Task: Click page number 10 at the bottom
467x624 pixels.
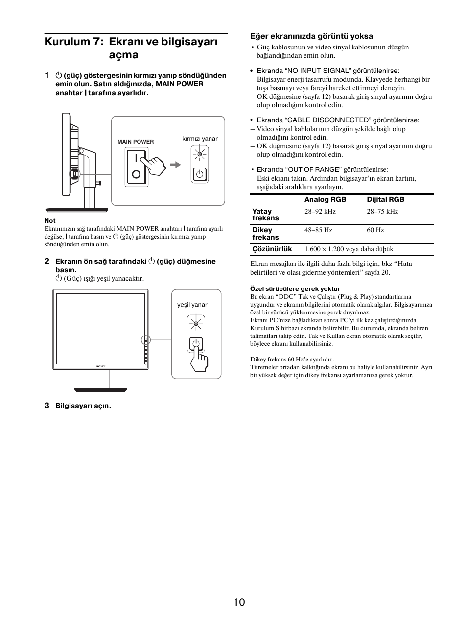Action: (x=238, y=602)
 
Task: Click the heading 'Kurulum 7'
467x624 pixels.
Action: (x=73, y=42)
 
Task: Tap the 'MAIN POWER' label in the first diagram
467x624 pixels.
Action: (x=136, y=142)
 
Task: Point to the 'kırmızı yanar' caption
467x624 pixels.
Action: (x=200, y=139)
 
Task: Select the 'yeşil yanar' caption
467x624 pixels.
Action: (x=192, y=305)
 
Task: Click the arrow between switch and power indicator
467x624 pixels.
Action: (x=175, y=165)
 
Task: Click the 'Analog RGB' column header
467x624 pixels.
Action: (x=325, y=199)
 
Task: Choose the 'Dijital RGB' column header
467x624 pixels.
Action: (x=386, y=199)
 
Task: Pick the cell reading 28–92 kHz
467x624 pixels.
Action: (x=320, y=212)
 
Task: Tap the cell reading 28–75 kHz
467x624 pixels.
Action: (x=382, y=212)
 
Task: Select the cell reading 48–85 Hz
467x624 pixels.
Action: (x=318, y=230)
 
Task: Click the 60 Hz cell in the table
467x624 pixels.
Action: (x=375, y=230)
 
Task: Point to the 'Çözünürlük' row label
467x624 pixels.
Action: (x=272, y=249)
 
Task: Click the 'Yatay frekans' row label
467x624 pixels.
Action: (x=265, y=215)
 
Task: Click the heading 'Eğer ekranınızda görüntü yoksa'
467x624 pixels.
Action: (x=311, y=36)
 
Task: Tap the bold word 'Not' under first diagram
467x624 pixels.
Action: (x=50, y=220)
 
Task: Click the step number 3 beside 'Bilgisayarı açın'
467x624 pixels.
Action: (x=47, y=405)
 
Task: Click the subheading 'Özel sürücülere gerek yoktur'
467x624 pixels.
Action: (x=295, y=289)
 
